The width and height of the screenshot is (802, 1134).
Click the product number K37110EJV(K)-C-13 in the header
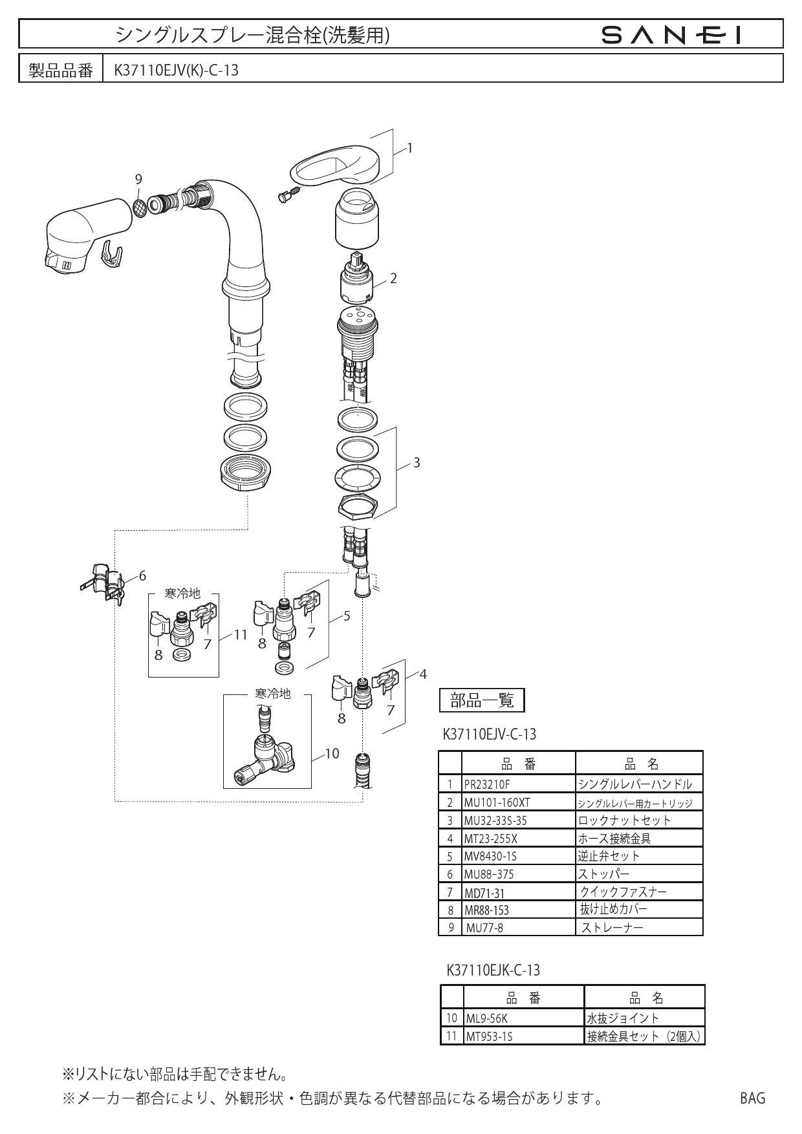coord(176,69)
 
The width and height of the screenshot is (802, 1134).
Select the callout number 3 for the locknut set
coord(417,463)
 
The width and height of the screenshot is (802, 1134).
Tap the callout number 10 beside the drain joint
coord(332,753)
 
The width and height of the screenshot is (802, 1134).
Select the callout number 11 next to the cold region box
coord(241,634)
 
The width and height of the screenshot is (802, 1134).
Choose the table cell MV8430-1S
coord(490,856)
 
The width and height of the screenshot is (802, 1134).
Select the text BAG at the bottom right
coord(752,1098)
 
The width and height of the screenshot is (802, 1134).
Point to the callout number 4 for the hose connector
coord(423,674)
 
